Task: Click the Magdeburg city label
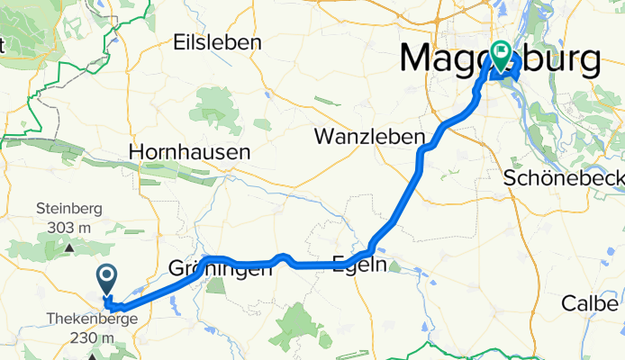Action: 500,59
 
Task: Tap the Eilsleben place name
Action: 216,42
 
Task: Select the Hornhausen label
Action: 189,153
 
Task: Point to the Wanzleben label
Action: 369,137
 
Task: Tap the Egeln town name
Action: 359,265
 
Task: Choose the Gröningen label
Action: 221,268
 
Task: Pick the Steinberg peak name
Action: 69,209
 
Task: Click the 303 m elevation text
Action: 69,227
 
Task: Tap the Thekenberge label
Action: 95,319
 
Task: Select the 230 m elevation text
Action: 95,337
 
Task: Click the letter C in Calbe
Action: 569,303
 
